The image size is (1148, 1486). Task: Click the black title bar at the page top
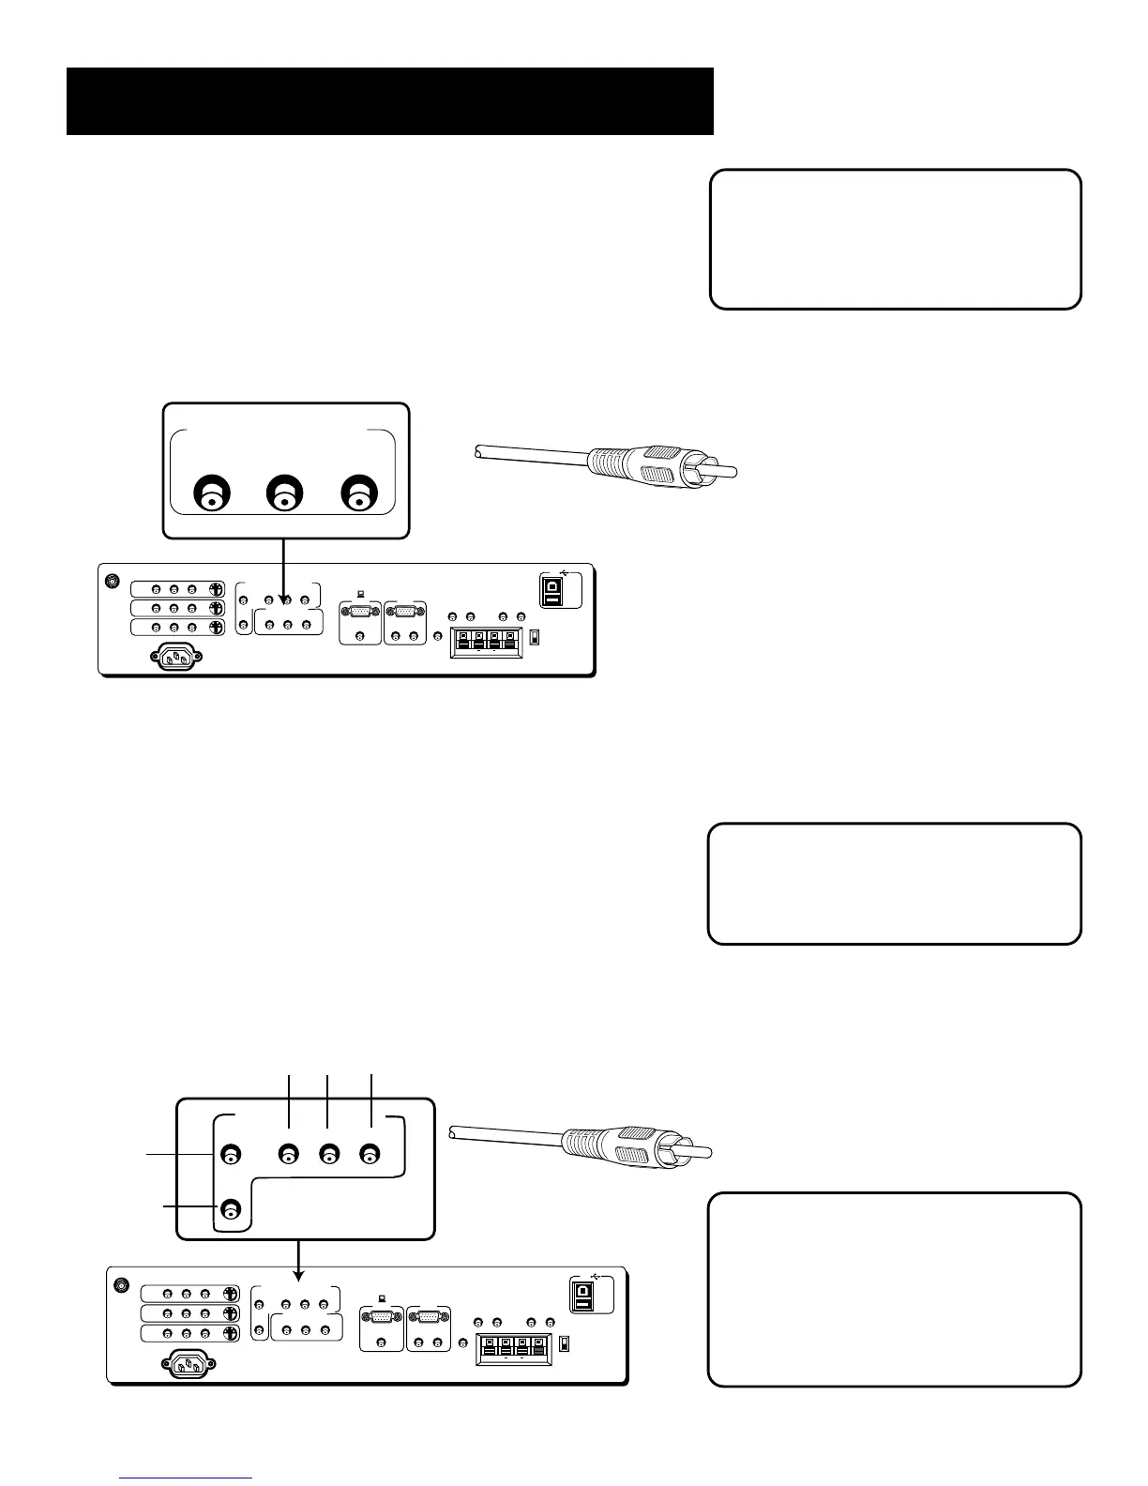pyautogui.click(x=389, y=101)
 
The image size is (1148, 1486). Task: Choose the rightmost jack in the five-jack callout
pyautogui.click(x=371, y=1154)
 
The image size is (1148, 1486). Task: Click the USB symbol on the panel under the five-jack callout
pyautogui.click(x=599, y=1276)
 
